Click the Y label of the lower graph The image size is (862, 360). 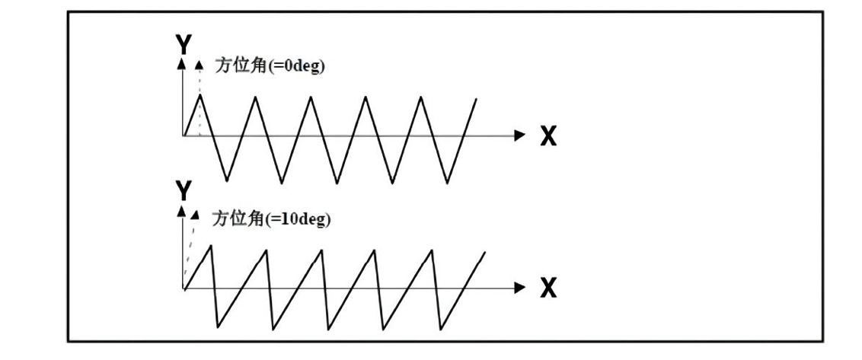point(183,190)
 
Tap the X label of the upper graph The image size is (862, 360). point(548,137)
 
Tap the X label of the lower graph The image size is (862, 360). point(548,289)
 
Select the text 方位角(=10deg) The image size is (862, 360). point(271,219)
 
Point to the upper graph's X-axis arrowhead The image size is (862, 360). point(521,136)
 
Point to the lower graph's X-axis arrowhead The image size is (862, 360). point(521,288)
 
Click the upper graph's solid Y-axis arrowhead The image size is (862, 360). point(183,65)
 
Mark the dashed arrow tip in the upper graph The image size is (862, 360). point(200,65)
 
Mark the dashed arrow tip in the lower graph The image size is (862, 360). point(196,215)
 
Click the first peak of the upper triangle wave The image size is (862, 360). point(200,95)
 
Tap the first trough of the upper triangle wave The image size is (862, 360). point(227,182)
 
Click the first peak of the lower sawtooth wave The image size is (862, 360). point(211,244)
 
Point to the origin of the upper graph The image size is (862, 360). point(184,136)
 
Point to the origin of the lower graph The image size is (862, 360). point(184,288)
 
